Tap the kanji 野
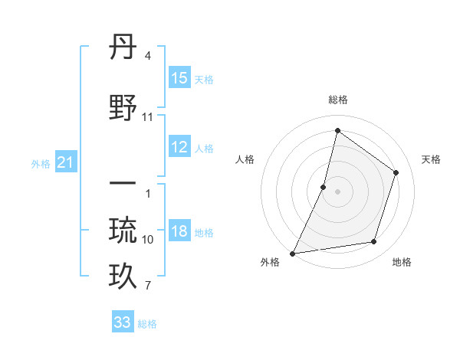123,108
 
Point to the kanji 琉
123,231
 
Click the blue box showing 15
179,78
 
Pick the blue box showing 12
179,147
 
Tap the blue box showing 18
179,232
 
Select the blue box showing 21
65,162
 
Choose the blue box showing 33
123,322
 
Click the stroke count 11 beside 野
148,117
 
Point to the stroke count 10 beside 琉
148,240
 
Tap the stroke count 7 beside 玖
148,286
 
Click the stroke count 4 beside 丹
148,56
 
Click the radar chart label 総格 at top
337,100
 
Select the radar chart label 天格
431,159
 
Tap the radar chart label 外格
269,263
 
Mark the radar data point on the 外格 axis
292,253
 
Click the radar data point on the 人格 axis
324,187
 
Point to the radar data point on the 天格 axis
396,172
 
